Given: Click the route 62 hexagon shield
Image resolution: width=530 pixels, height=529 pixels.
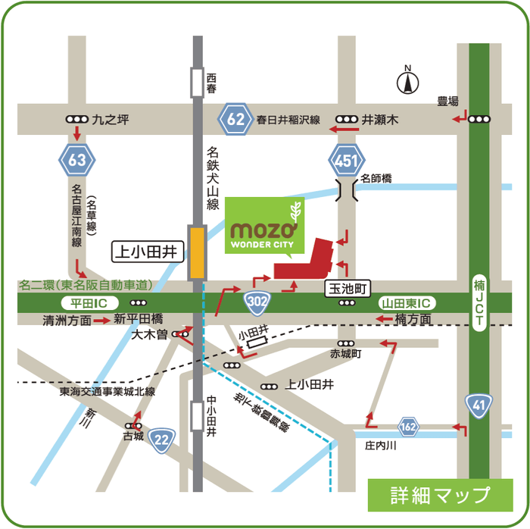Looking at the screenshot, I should tap(235, 120).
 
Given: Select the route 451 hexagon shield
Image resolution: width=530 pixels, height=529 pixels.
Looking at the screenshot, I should tap(347, 160).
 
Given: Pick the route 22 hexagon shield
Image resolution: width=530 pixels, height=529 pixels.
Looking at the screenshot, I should tap(161, 439).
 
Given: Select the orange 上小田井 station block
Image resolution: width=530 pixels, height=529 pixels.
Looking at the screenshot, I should tap(198, 252).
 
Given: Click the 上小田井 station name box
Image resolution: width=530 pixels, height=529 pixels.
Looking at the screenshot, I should tap(148, 250).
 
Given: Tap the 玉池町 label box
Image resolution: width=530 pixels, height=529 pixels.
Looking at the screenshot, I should tap(346, 288).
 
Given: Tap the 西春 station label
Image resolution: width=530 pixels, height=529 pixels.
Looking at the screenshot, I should tap(211, 83).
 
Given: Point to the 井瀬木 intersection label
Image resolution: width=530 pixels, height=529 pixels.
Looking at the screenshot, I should tap(379, 120).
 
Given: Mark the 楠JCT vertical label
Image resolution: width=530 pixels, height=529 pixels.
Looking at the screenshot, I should tap(479, 303).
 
